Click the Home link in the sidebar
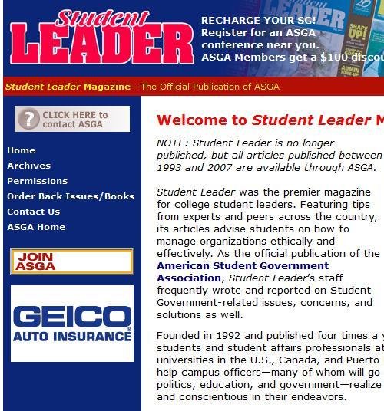click(x=21, y=150)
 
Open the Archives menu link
click(x=28, y=166)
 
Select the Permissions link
click(x=37, y=181)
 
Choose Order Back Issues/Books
click(x=71, y=196)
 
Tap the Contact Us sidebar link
click(x=33, y=212)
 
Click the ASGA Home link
click(x=36, y=227)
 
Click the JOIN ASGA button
click(x=71, y=261)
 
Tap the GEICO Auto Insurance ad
click(x=72, y=324)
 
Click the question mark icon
click(x=28, y=119)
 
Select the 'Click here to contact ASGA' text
click(x=74, y=119)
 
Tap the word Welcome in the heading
click(x=201, y=120)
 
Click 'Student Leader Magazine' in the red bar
click(x=68, y=87)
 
